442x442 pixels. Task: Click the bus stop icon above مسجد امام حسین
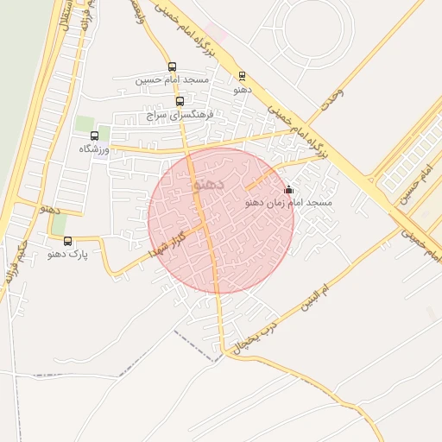click(172, 67)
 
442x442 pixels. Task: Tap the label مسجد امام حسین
click(173, 79)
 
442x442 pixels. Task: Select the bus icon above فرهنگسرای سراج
click(180, 101)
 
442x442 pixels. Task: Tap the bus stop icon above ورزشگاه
click(94, 136)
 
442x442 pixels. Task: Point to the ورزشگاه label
click(95, 148)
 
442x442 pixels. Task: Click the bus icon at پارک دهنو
click(68, 242)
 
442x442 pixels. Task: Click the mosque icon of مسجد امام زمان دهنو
click(287, 190)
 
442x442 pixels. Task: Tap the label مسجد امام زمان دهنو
click(289, 202)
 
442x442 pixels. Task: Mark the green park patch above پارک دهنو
click(60, 224)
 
